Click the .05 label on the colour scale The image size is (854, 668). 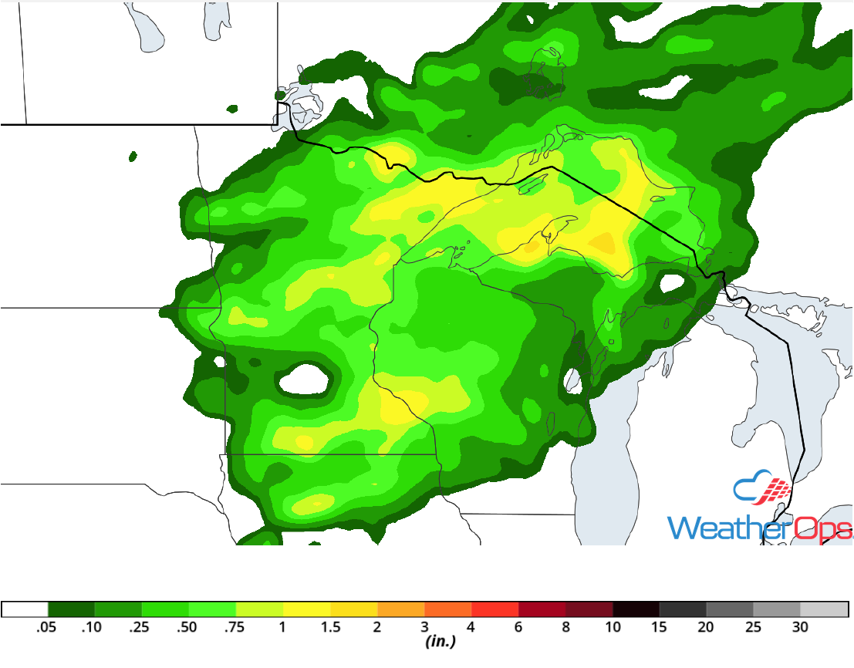pyautogui.click(x=48, y=628)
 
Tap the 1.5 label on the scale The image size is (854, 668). pyautogui.click(x=330, y=628)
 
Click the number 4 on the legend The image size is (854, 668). pyautogui.click(x=471, y=628)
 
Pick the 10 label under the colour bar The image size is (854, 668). pyautogui.click(x=613, y=628)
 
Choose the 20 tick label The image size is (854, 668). pyautogui.click(x=706, y=628)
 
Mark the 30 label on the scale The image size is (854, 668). pyautogui.click(x=800, y=628)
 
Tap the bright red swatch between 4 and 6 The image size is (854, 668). pyautogui.click(x=495, y=609)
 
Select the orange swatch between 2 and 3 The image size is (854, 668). pyautogui.click(x=400, y=609)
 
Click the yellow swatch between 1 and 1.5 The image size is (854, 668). pyautogui.click(x=306, y=609)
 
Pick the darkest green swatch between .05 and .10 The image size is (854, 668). pyautogui.click(x=71, y=609)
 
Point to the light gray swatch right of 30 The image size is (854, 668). pyautogui.click(x=824, y=609)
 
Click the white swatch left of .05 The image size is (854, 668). pyautogui.click(x=25, y=609)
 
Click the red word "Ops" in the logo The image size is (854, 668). pyautogui.click(x=822, y=528)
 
